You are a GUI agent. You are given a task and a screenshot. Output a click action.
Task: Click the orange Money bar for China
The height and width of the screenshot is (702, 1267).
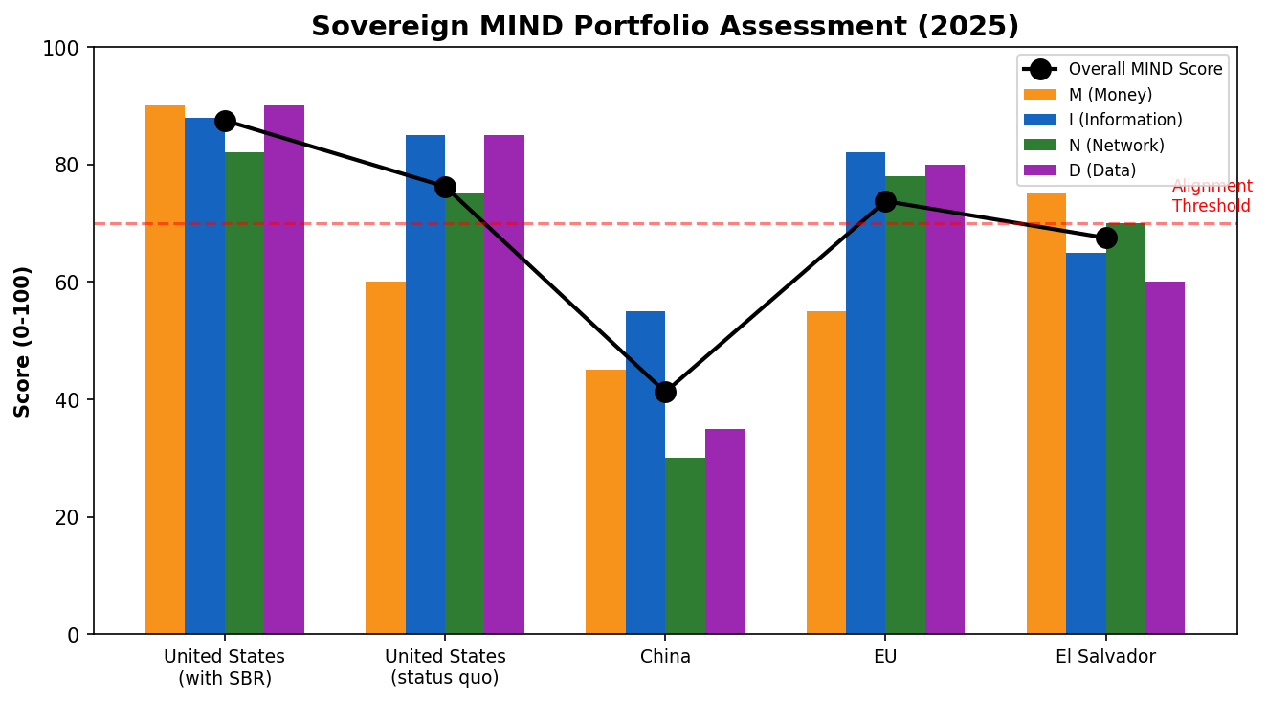606,502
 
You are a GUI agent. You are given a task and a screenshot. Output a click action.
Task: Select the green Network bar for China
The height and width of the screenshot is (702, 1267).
685,546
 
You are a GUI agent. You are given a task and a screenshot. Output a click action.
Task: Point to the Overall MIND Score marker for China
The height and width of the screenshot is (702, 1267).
665,392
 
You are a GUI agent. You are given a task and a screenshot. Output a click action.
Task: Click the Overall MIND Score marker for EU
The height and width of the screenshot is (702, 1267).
885,201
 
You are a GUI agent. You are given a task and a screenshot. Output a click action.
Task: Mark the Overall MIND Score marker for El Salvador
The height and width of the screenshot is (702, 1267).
1106,238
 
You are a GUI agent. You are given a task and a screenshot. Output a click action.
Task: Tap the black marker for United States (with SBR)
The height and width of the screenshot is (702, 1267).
225,121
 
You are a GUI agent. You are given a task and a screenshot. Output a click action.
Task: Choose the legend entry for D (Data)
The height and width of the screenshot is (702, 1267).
1101,170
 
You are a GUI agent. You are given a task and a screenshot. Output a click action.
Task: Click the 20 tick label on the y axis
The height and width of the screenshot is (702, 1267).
72,517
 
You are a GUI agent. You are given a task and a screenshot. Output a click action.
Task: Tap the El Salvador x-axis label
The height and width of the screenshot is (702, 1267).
1105,657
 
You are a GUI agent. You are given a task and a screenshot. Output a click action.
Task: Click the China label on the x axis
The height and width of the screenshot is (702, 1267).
665,657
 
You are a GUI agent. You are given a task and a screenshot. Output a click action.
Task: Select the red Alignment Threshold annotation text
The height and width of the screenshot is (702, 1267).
1211,196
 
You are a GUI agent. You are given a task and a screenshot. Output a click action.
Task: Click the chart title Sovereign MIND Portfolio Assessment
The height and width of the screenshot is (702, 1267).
664,26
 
